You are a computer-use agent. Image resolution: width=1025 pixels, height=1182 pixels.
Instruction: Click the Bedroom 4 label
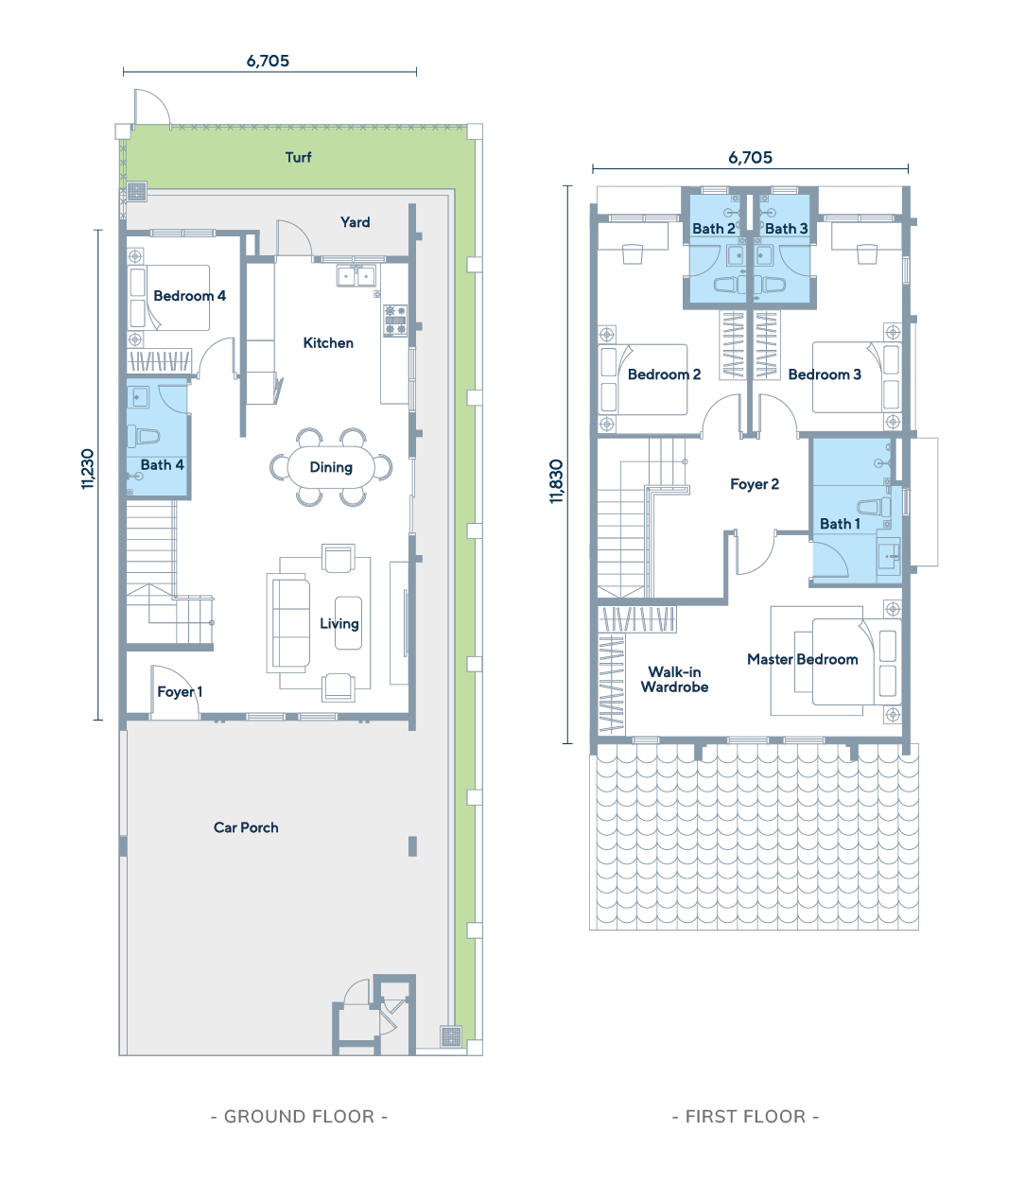pos(189,296)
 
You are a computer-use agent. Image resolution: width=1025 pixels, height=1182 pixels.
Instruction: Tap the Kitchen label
pos(328,343)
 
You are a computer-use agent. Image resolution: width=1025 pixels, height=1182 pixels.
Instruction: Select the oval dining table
pos(331,467)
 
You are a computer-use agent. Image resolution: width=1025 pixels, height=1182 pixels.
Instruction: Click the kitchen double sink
pos(356,275)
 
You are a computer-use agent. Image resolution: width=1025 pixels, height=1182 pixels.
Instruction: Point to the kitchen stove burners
pos(395,321)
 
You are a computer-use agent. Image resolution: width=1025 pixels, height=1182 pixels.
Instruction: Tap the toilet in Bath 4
pos(143,436)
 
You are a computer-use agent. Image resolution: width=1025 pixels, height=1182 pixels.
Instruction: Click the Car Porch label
pos(246,827)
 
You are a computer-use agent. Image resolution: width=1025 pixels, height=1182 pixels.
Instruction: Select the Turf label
pos(298,157)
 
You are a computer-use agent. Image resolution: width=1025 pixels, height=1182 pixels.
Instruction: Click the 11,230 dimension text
pos(87,469)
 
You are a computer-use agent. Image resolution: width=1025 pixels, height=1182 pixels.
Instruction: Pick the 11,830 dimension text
pos(556,481)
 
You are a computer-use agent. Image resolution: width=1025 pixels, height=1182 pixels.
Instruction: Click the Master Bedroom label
pos(803,659)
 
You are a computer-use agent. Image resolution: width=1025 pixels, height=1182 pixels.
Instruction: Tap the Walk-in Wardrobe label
pos(674,679)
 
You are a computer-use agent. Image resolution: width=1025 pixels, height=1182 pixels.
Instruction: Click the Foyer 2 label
pos(755,484)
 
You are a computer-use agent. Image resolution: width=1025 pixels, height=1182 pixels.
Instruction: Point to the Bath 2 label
pos(713,229)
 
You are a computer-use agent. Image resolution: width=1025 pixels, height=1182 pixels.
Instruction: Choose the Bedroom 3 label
pos(825,374)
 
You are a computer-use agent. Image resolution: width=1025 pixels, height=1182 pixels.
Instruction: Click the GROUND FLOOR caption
pos(299,1116)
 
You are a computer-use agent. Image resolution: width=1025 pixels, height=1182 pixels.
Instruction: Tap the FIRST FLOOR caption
pos(745,1116)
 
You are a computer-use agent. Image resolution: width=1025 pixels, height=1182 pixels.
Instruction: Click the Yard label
pos(355,222)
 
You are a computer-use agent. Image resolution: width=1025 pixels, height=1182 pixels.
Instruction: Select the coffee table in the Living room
pos(348,623)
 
